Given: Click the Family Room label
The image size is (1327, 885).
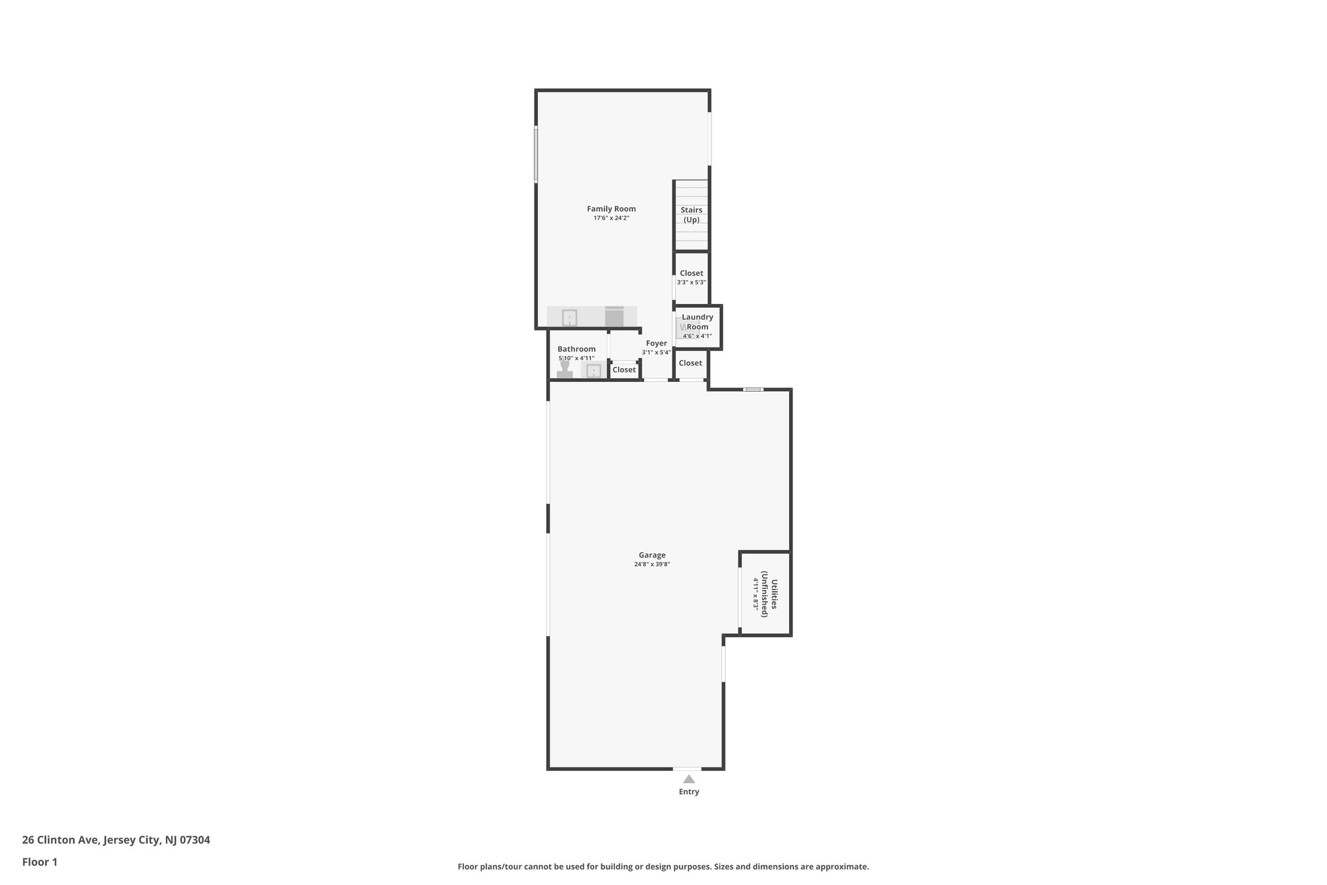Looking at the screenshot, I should [x=611, y=209].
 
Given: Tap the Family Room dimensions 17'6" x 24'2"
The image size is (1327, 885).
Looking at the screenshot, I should [x=611, y=218].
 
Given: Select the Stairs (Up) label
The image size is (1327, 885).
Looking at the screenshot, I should [x=691, y=215].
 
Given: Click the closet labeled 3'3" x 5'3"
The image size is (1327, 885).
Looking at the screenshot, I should [x=691, y=277].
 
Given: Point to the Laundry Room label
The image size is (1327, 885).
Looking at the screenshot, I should [x=697, y=322].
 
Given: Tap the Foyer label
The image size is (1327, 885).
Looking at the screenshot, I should [x=656, y=344].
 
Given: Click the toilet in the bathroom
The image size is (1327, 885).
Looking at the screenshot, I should [x=565, y=370].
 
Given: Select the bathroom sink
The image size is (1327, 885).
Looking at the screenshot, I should [x=594, y=370].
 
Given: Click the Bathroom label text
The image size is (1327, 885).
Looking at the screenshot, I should [x=576, y=349].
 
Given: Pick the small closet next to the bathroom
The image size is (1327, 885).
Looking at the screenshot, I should [x=624, y=370].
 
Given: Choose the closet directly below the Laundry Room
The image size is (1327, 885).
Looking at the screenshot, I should [x=690, y=364].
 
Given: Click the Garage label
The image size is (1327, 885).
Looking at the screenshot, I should [x=652, y=555].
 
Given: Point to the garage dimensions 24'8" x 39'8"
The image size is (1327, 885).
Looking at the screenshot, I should [x=652, y=565].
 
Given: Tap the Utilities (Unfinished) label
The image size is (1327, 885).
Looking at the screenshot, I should [x=765, y=593].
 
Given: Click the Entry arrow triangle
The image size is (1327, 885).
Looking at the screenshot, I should [x=689, y=779].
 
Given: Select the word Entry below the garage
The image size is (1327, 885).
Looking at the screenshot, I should [x=689, y=792].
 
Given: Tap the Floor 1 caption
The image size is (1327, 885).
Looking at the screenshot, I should [x=40, y=862].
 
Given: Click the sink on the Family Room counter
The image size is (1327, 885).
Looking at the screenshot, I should [x=570, y=318].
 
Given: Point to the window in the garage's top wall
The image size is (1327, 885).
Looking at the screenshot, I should [x=753, y=389].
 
